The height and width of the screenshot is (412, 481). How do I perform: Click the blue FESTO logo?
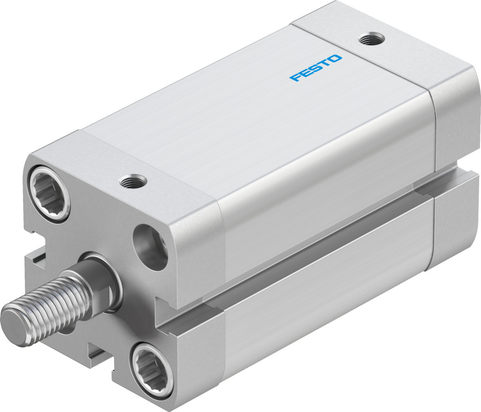click(x=315, y=68)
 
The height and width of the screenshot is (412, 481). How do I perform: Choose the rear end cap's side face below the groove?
click(x=455, y=223)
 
